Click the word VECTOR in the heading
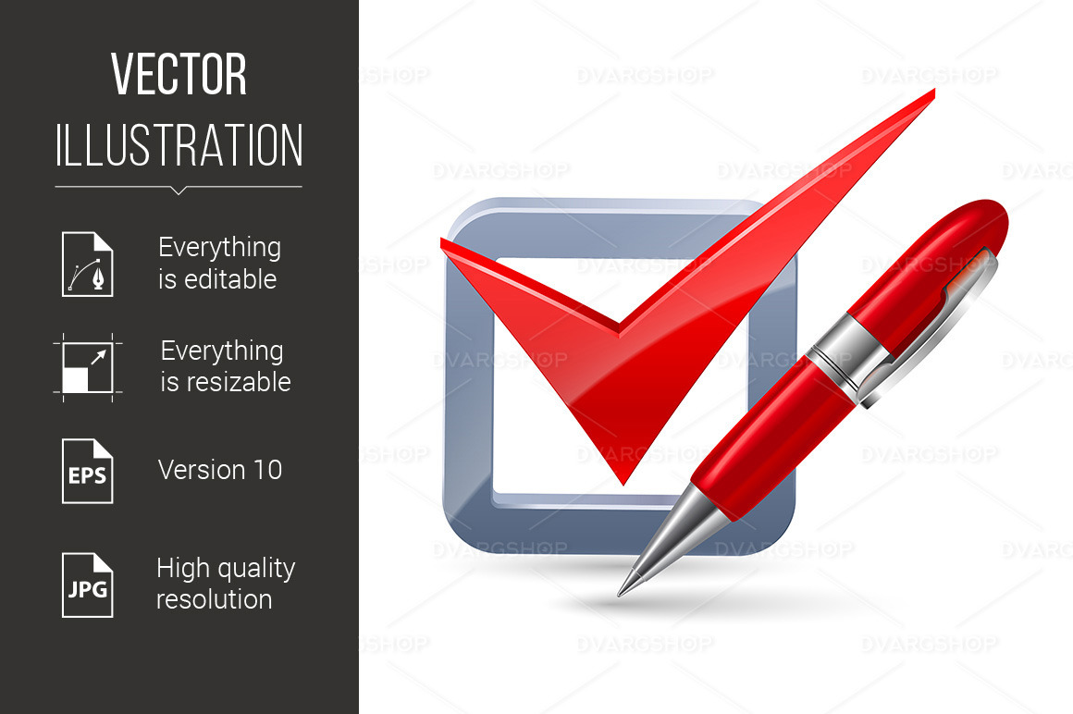[179, 75]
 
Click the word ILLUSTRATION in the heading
[179, 145]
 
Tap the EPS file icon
[87, 471]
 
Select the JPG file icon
[87, 585]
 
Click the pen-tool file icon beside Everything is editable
[87, 265]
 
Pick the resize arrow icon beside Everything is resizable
[87, 367]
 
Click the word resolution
[214, 599]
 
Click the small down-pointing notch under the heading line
[179, 191]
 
